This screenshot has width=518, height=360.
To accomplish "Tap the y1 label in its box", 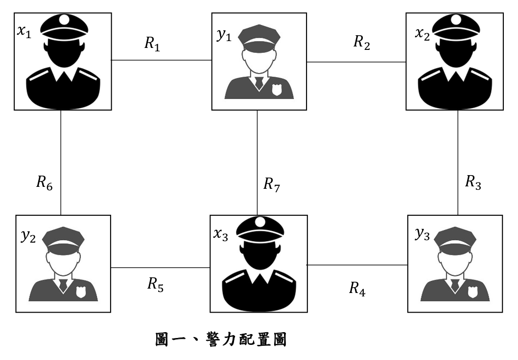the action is [224, 35].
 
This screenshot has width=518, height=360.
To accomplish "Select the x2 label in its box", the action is [423, 34].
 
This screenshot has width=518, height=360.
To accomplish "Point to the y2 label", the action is [28, 236].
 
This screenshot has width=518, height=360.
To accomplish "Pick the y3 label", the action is [423, 234].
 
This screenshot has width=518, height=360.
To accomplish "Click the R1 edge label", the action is [152, 44].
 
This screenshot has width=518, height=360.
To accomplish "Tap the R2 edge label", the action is [362, 43].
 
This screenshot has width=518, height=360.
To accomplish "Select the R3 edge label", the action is [473, 182].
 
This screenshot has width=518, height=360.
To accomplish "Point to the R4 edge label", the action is [357, 289].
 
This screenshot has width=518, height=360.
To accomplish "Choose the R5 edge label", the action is [155, 285].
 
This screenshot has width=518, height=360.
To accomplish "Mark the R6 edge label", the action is [44, 183].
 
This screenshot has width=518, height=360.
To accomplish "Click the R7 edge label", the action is [272, 184].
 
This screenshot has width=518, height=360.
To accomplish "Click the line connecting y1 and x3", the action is [258, 163].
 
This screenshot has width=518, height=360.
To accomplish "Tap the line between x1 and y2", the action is [61, 163].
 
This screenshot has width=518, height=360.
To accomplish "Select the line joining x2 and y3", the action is [458, 163].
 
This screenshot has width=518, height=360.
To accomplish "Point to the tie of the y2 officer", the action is [63, 285].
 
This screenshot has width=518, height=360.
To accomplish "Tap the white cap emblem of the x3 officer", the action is [260, 222].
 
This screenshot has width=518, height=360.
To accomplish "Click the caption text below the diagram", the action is [221, 339].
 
